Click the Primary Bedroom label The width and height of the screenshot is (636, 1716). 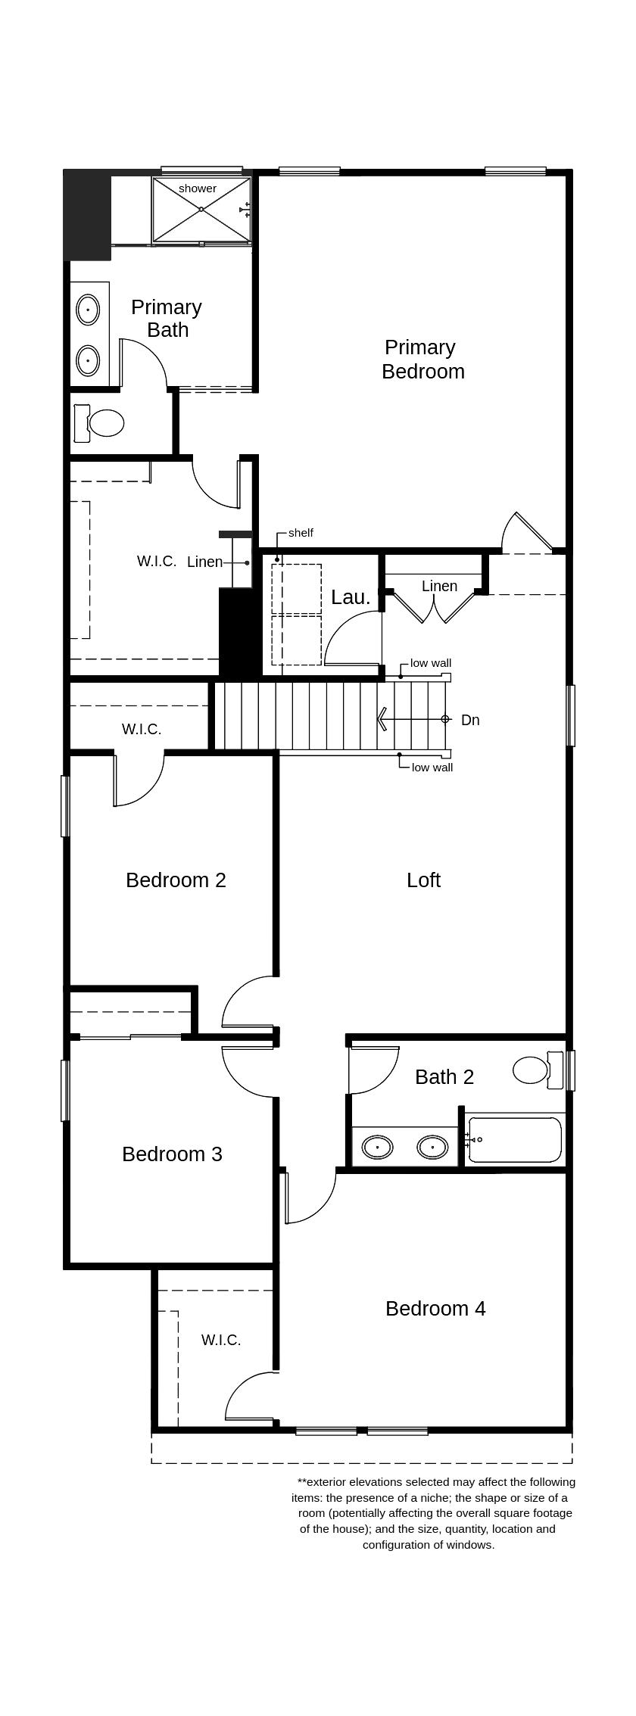coord(422,359)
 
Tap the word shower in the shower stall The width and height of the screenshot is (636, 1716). coord(198,188)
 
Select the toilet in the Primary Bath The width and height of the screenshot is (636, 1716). coord(101,423)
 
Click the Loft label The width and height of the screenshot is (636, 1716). coord(423,880)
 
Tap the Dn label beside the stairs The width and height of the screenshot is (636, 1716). coord(470,720)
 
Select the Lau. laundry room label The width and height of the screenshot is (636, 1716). coord(351,597)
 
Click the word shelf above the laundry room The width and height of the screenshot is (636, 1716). coord(301,533)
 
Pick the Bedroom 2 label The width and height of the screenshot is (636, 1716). coord(176,880)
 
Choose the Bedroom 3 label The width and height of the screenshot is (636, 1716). coord(172,1154)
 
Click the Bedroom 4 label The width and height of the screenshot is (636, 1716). coord(435,1308)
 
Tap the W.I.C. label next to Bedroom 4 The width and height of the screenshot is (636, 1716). coord(221,1340)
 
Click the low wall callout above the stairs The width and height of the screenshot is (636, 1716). coord(431,663)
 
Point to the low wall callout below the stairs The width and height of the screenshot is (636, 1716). coord(432,768)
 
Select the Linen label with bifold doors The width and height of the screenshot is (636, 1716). coord(439,586)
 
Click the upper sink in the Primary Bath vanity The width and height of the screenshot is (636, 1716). coord(88,310)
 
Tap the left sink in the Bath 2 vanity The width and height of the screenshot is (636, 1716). coord(377,1147)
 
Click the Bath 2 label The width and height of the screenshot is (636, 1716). coord(444,1076)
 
